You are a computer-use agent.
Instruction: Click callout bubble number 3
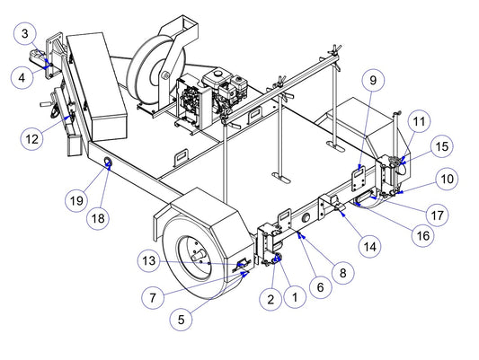click(25, 33)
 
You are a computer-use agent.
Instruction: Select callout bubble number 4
click(22, 77)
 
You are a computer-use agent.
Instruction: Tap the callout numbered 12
click(31, 139)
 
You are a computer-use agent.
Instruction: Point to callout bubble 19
click(76, 201)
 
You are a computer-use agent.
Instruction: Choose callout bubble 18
click(98, 218)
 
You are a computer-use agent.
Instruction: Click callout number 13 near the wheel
click(149, 260)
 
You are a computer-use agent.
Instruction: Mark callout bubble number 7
click(153, 297)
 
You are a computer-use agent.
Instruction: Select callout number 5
click(182, 319)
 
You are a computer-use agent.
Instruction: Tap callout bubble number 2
click(271, 299)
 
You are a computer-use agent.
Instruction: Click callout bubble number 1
click(295, 297)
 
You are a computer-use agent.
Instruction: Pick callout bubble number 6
click(320, 286)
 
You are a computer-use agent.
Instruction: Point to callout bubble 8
click(343, 273)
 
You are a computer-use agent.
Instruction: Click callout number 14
click(370, 246)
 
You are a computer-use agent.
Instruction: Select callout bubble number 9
click(373, 80)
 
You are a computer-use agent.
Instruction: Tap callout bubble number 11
click(419, 121)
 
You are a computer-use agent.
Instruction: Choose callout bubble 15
click(442, 146)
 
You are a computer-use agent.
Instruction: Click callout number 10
click(448, 179)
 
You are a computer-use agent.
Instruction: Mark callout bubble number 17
click(437, 215)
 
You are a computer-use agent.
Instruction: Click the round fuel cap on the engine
click(217, 73)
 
